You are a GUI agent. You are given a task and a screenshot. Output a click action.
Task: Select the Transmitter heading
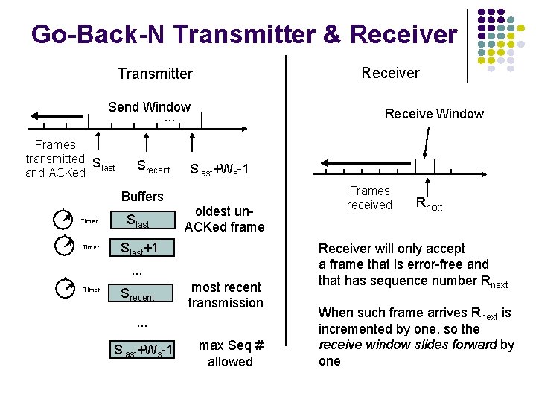click(x=155, y=74)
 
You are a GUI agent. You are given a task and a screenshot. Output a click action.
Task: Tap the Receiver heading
click(x=390, y=73)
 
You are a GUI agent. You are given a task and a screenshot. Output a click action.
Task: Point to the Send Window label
click(x=149, y=106)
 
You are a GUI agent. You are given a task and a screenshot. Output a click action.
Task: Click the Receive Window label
click(x=434, y=114)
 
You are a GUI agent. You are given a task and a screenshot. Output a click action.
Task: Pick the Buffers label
click(x=141, y=196)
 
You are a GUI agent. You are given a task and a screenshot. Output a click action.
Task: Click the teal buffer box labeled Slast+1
click(x=141, y=248)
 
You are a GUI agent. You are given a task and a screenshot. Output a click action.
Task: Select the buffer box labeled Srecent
click(x=141, y=294)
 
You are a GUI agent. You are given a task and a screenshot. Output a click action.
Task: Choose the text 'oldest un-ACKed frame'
click(x=224, y=219)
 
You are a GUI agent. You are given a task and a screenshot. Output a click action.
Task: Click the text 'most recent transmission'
click(x=226, y=295)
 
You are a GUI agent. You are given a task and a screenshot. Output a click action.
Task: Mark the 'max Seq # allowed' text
click(x=230, y=354)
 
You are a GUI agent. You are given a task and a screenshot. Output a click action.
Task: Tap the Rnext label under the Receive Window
click(x=429, y=203)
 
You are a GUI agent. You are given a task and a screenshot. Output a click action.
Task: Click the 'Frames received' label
click(x=369, y=198)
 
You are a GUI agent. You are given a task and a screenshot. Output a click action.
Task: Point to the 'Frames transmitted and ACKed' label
click(x=55, y=159)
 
